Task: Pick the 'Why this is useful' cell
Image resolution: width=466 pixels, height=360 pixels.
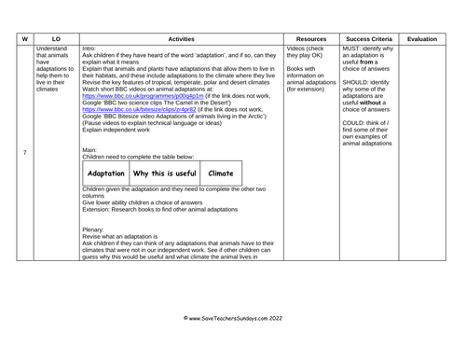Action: (165, 173)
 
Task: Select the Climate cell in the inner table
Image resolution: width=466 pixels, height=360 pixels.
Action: (221, 173)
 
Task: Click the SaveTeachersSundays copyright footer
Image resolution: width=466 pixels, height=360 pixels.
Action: (233, 318)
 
